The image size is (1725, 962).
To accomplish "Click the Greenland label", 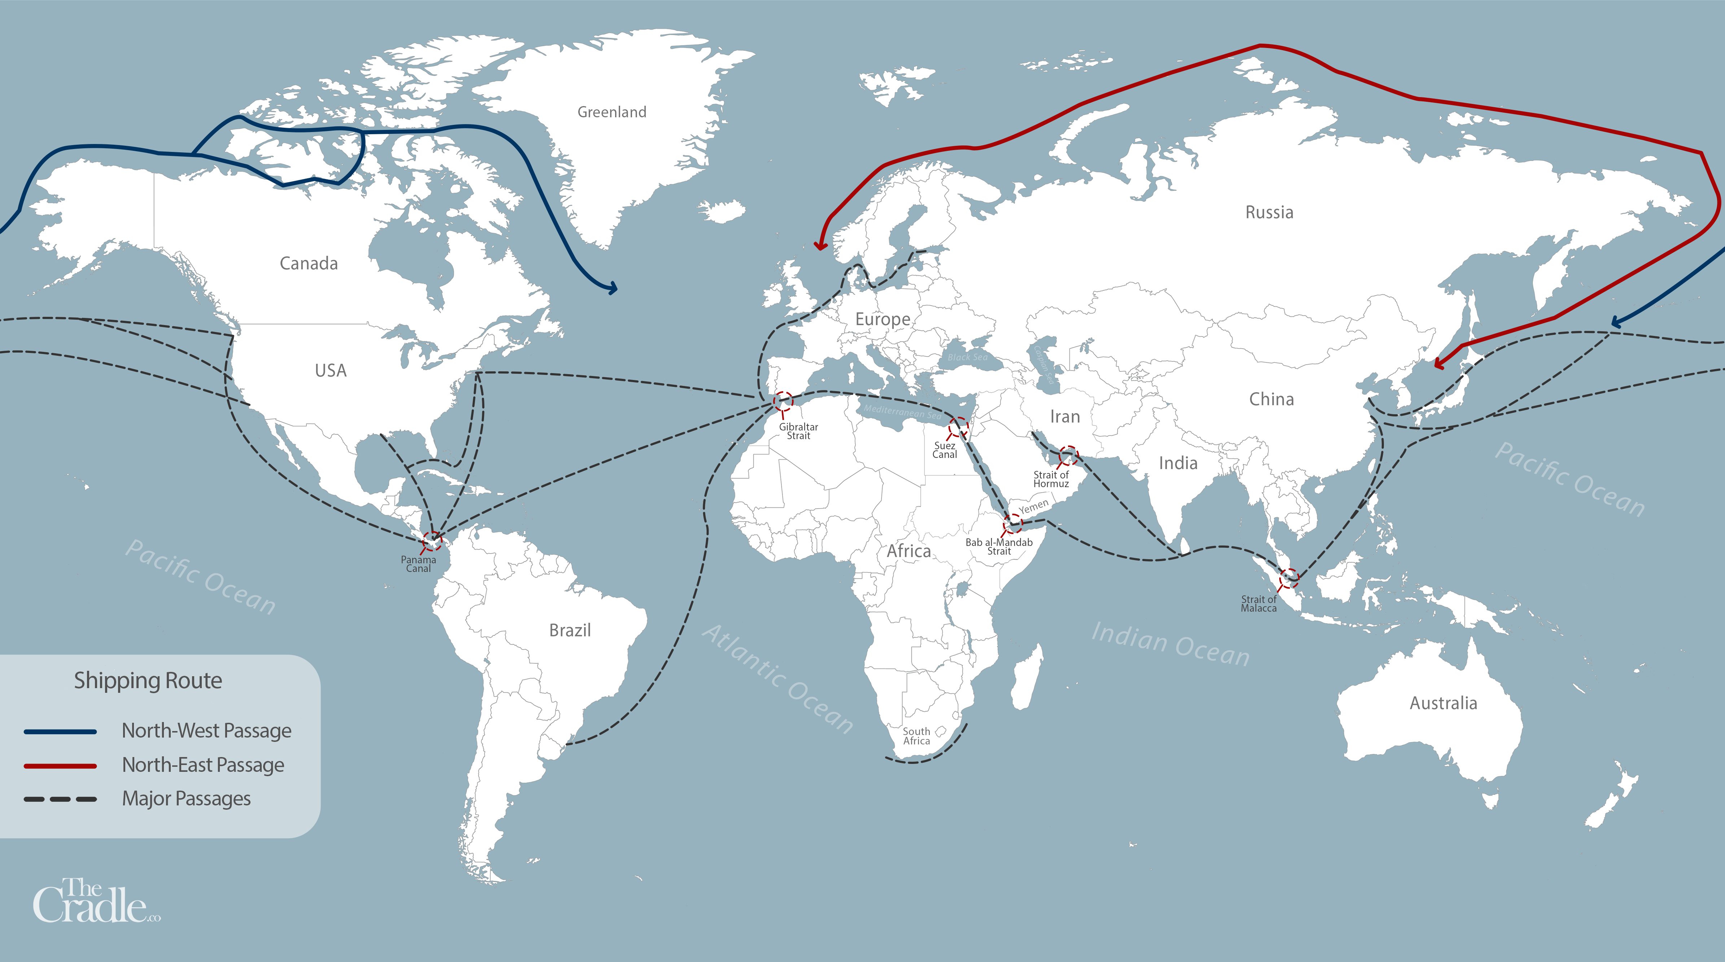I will click(611, 112).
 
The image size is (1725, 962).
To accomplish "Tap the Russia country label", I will click(1269, 212).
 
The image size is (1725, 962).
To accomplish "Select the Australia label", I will click(1443, 703).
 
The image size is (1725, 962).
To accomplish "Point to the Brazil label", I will click(570, 630).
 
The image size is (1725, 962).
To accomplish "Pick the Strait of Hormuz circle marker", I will click(1068, 455).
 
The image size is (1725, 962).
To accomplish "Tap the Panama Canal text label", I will click(419, 564).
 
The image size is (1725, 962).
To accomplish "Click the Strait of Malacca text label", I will click(1258, 604).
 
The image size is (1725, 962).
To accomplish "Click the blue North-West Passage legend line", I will click(60, 732).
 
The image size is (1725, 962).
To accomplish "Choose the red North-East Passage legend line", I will click(60, 765).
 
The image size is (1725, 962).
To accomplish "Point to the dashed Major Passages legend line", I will click(60, 799).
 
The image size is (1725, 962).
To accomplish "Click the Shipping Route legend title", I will click(148, 680).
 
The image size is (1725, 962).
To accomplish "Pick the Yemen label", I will click(1033, 506).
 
